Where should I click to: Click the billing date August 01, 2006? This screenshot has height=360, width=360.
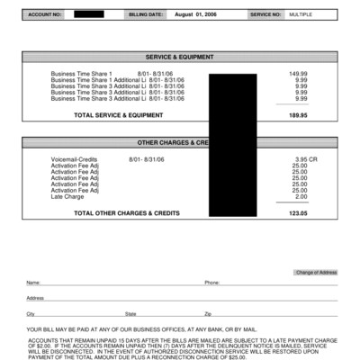(x=196, y=15)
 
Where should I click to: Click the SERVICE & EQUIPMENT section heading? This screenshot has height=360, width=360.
(x=180, y=56)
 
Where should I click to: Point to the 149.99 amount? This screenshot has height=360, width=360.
(x=297, y=73)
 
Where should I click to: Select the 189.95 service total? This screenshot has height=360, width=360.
(x=297, y=115)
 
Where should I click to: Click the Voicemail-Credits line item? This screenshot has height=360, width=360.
(x=75, y=159)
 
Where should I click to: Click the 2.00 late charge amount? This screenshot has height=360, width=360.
(x=300, y=196)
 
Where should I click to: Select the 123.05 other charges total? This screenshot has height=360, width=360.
(x=297, y=213)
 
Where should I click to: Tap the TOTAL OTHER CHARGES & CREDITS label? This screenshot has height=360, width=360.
(x=127, y=213)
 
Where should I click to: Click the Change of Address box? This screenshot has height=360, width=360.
(x=315, y=272)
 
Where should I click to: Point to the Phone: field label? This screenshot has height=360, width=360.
(x=212, y=283)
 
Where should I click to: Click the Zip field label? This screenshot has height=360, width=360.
(x=208, y=313)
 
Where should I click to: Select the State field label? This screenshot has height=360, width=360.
(x=131, y=313)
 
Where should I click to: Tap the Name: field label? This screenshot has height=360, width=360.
(x=33, y=283)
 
